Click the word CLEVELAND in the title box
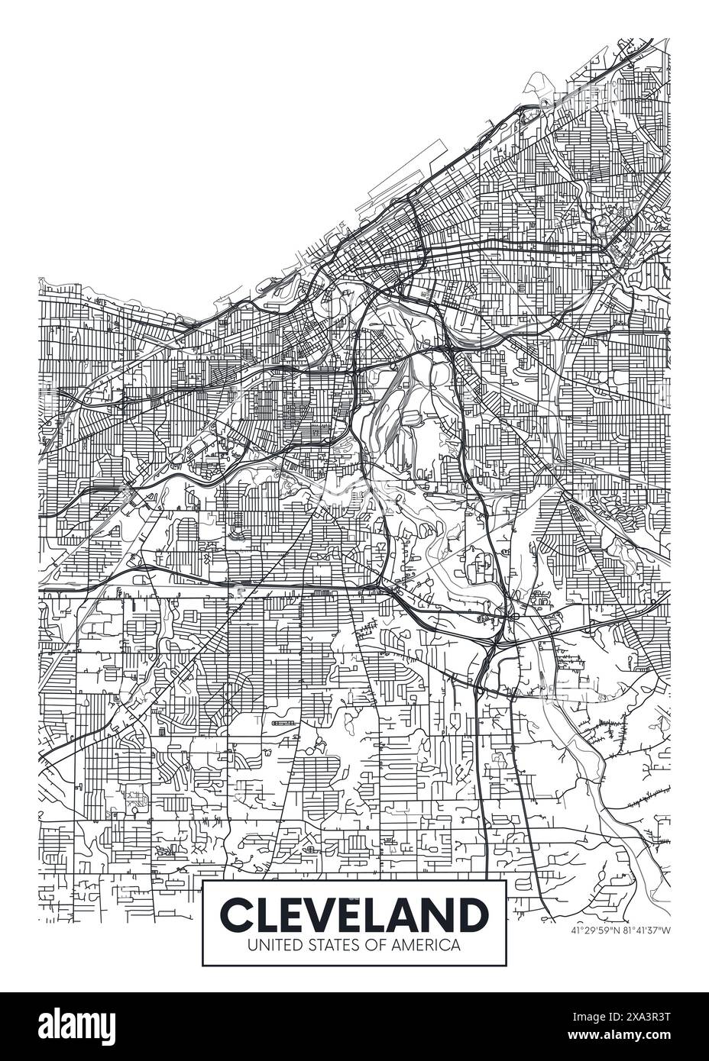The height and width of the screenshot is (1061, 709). click(354, 914)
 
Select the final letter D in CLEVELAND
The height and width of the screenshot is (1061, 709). click(471, 914)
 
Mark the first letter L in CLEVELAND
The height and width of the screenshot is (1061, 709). click(268, 914)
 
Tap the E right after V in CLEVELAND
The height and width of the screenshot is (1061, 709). click(353, 914)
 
